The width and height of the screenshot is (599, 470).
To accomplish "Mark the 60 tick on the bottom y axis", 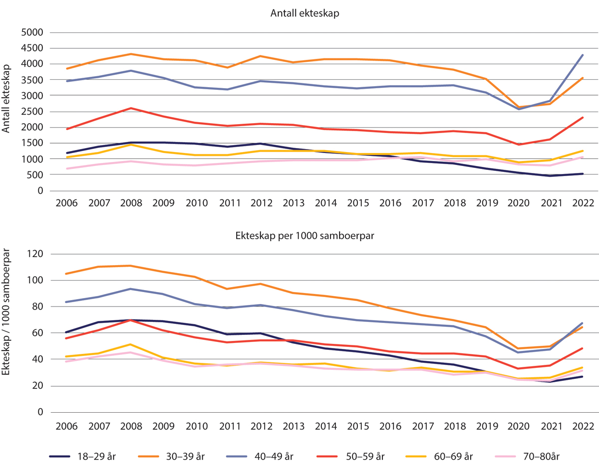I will coord(39,333).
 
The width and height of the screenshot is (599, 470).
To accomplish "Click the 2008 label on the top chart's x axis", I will coord(130,204).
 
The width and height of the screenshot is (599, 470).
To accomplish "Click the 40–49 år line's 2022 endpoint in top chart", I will coord(583,55).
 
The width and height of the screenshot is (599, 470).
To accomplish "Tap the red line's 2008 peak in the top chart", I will coord(130,108).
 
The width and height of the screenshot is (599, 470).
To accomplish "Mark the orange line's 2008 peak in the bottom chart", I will coord(130,266).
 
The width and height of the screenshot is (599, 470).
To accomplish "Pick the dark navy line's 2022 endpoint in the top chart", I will coord(583,174).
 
